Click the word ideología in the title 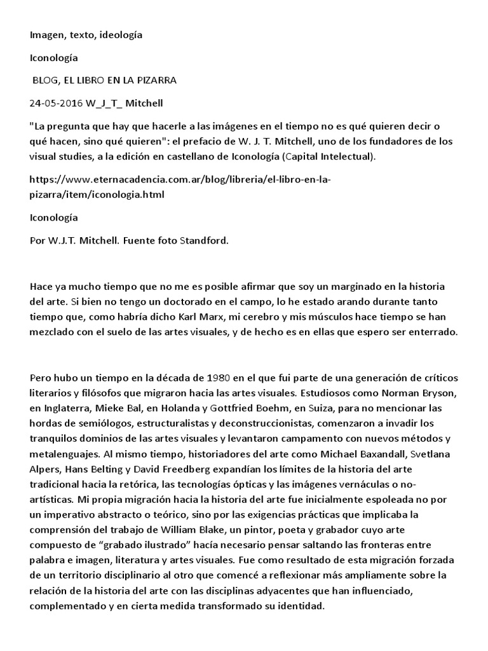pos(119,35)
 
